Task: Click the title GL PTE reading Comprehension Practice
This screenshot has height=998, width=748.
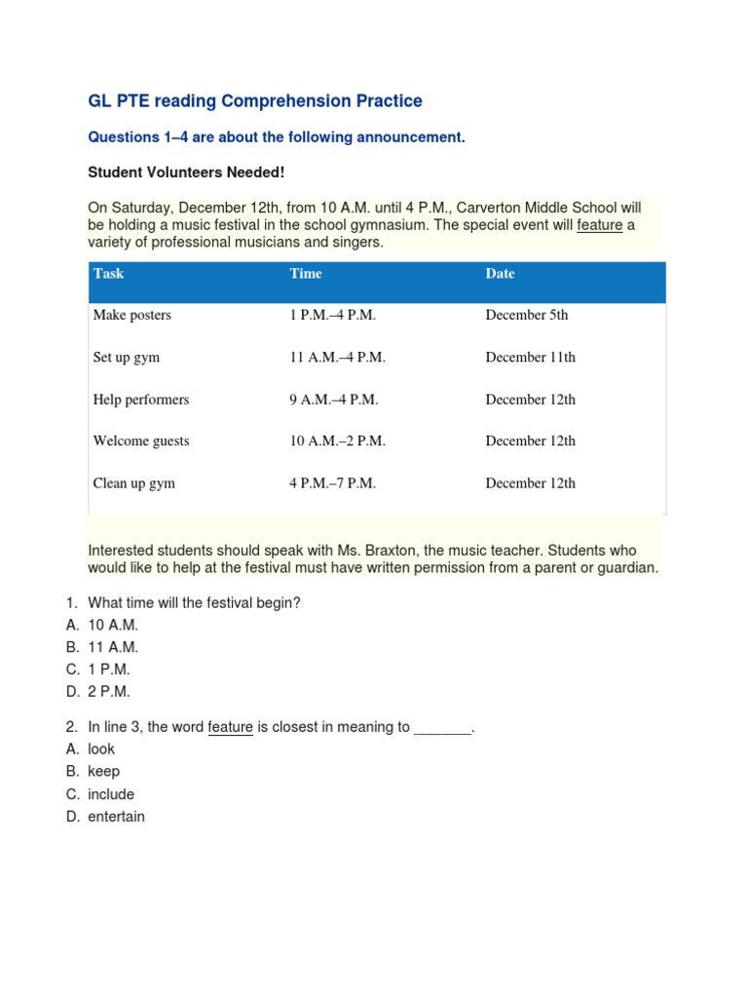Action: pos(255,101)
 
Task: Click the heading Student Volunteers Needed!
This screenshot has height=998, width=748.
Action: pos(186,172)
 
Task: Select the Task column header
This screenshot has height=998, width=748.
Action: pos(108,274)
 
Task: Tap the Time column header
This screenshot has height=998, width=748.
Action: pos(306,274)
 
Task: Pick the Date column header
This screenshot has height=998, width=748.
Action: pos(500,274)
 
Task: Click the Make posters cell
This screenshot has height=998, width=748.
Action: pos(131,316)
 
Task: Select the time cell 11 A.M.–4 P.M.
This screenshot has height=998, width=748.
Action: pos(337,358)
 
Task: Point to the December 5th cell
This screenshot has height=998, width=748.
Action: pos(526,316)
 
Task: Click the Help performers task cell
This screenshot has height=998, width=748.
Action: pos(140,400)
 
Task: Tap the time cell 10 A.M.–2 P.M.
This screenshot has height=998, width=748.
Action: pos(337,441)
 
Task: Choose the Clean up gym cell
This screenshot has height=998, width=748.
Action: pos(133,483)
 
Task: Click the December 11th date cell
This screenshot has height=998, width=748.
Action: pos(530,358)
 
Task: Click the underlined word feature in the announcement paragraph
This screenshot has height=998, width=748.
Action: pos(599,225)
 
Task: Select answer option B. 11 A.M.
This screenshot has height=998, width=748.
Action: pos(113,647)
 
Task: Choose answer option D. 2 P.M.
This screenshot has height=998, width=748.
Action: pos(108,692)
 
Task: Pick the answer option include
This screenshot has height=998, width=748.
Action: pos(111,794)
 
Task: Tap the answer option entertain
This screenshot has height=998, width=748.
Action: pos(116,817)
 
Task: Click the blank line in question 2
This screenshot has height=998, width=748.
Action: pos(442,727)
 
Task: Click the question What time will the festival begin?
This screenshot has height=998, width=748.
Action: pos(194,603)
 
